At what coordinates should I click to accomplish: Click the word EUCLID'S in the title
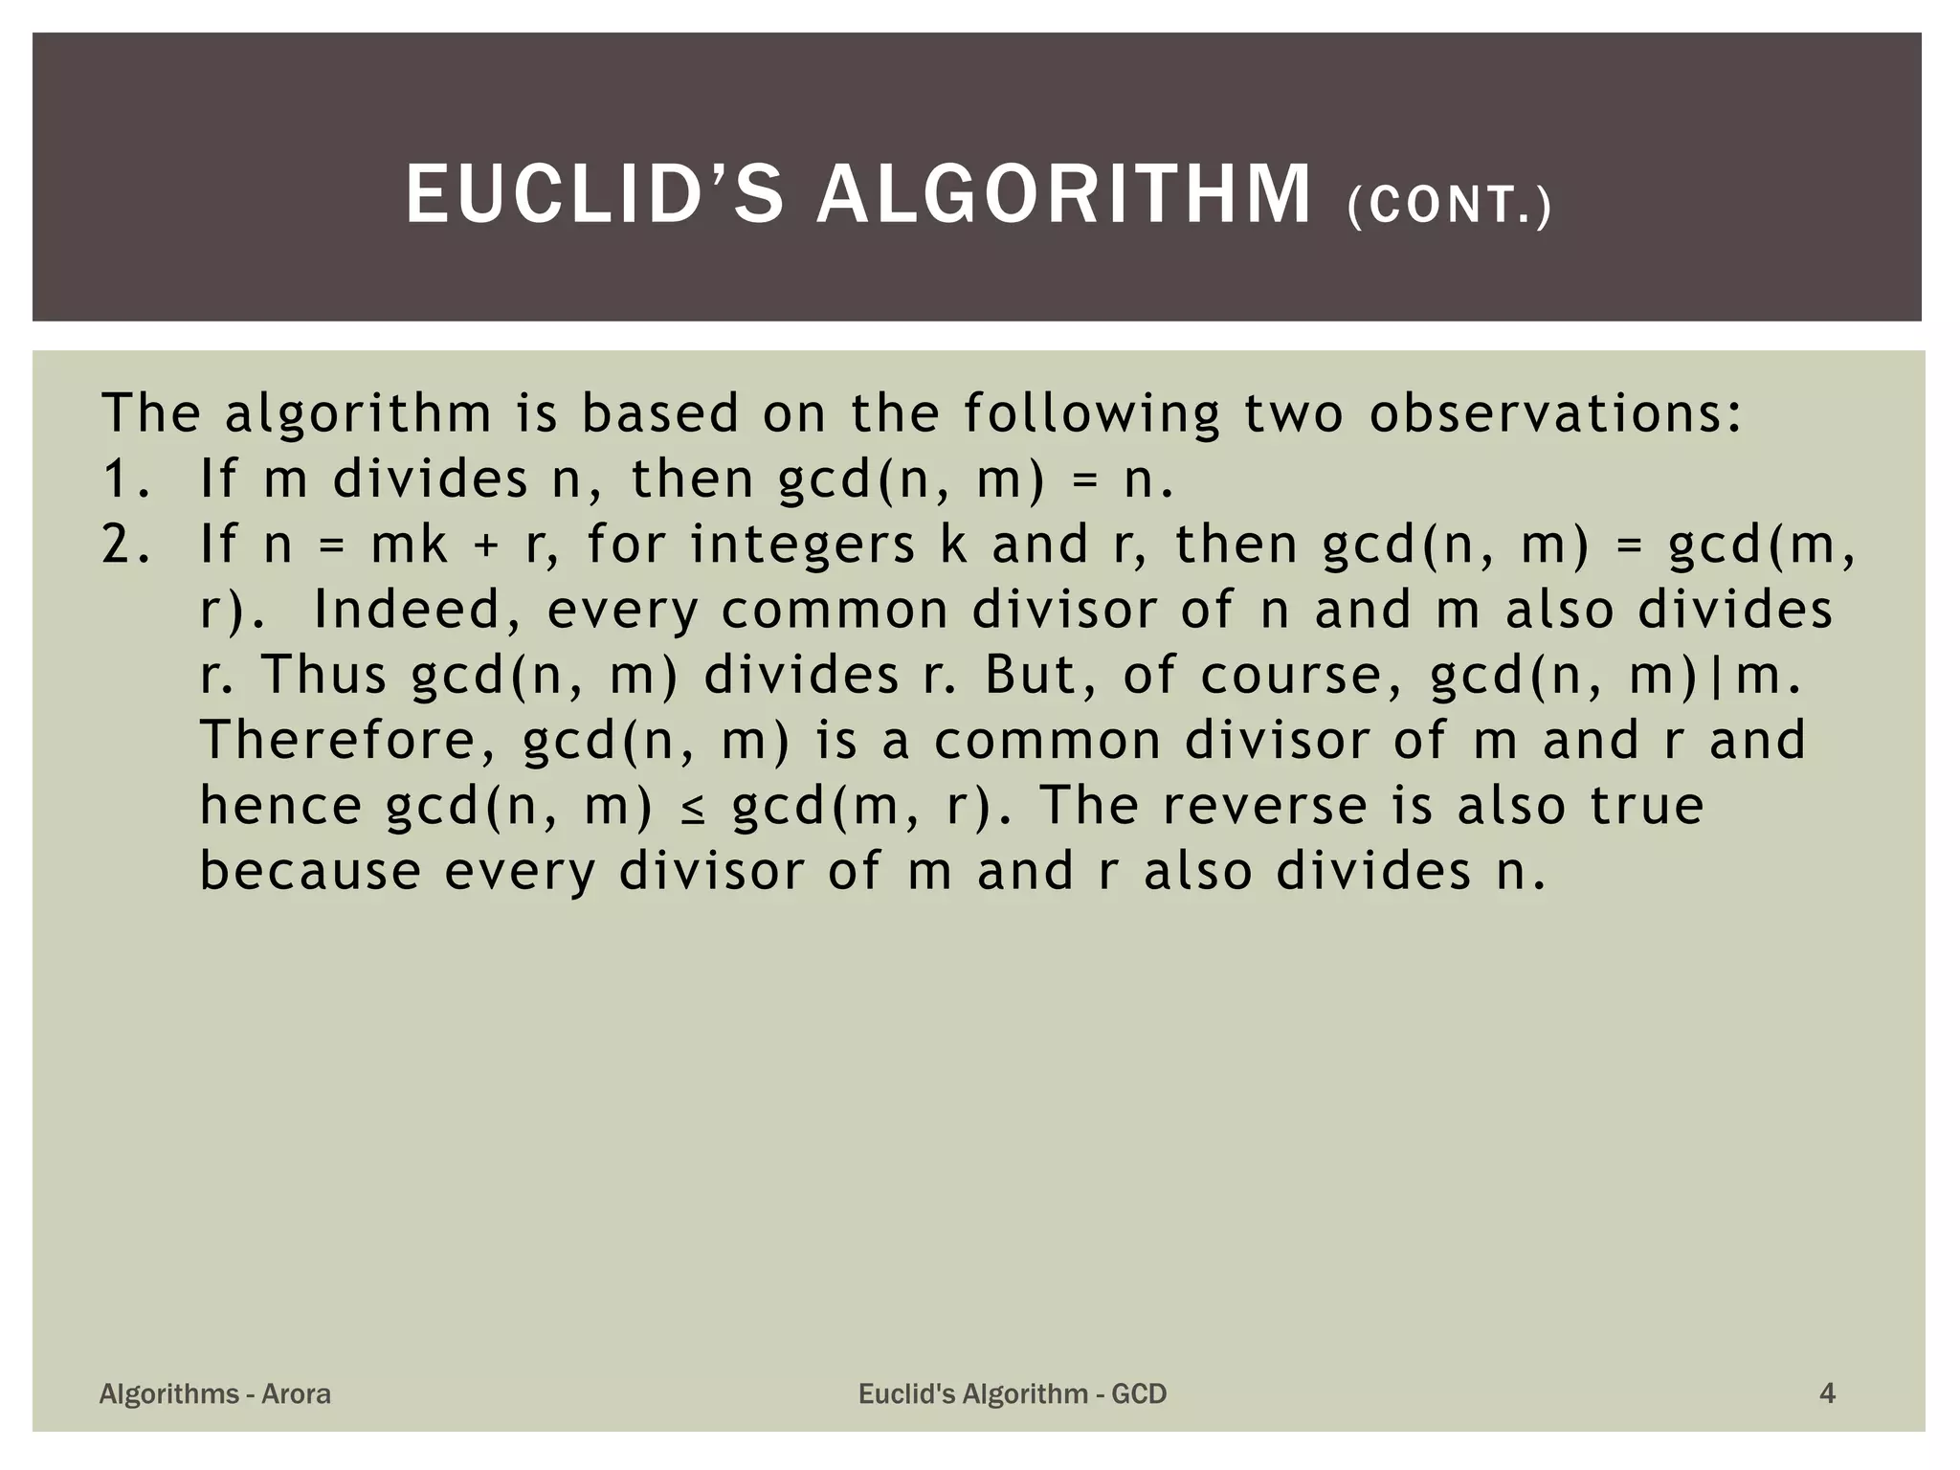(594, 195)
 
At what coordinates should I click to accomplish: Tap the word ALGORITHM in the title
(1063, 195)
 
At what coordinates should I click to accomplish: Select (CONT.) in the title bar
(1449, 207)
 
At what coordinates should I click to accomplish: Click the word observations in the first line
(1555, 414)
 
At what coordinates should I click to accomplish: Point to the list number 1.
(124, 479)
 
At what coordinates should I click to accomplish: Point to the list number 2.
(124, 545)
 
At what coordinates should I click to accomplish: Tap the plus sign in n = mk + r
(485, 546)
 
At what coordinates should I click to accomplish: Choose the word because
(310, 871)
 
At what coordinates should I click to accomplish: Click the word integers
(802, 546)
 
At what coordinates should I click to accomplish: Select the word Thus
(323, 675)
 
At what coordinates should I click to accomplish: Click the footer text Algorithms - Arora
(215, 1393)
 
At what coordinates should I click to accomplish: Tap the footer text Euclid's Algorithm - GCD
(1013, 1393)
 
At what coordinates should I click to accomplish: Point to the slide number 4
(1827, 1393)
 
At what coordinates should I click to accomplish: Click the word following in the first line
(1091, 414)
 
